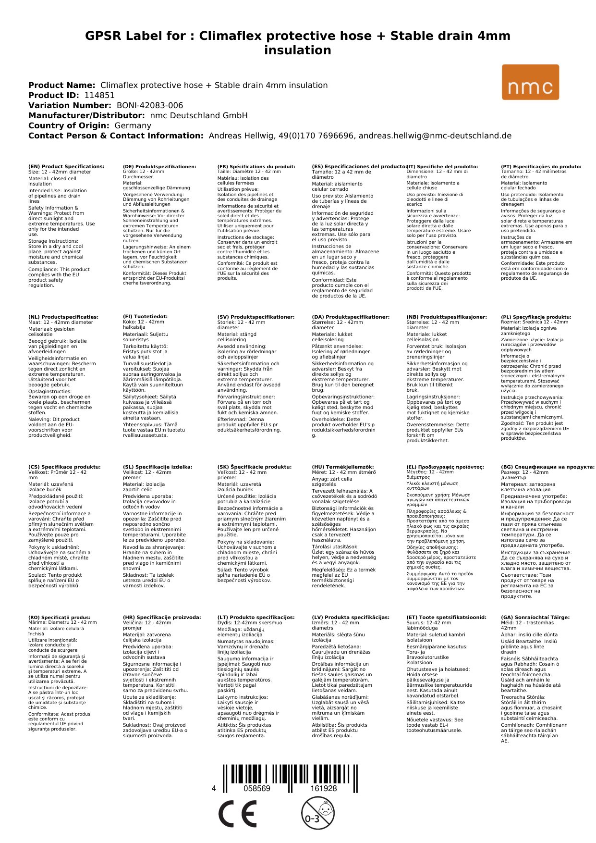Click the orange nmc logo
[530, 82]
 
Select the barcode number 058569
[257, 788]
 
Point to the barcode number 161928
[323, 788]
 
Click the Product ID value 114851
[99, 95]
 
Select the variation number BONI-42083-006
[149, 105]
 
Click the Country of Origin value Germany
[133, 125]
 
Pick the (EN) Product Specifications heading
[66, 166]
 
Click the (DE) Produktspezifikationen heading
[159, 166]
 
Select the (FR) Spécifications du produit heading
[256, 166]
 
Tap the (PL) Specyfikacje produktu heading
[536, 317]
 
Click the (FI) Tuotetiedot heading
[145, 317]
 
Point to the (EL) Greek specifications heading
[445, 467]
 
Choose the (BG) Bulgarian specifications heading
[547, 467]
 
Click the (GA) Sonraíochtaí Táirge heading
[535, 617]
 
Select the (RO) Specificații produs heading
[59, 617]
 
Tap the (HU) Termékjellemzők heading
[342, 467]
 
